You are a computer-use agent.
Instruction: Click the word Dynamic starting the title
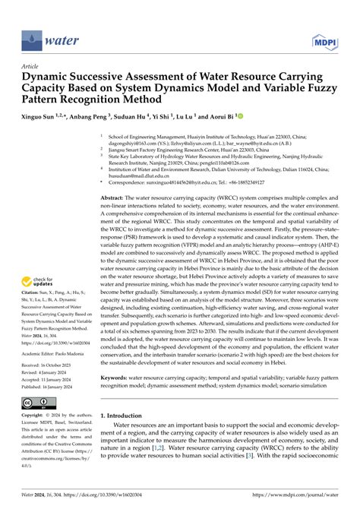coord(46,79)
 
